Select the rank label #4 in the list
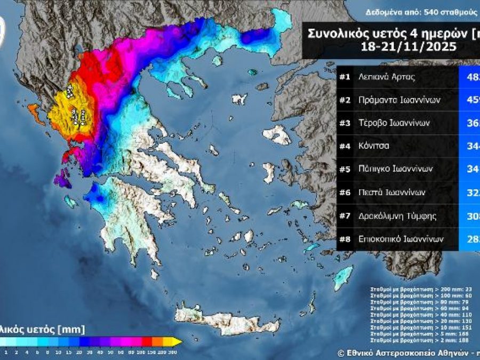point(345,146)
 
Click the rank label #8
point(345,239)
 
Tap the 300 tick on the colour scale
point(173,353)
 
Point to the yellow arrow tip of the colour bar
point(180,341)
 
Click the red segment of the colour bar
point(147,341)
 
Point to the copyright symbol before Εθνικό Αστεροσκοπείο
point(341,353)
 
